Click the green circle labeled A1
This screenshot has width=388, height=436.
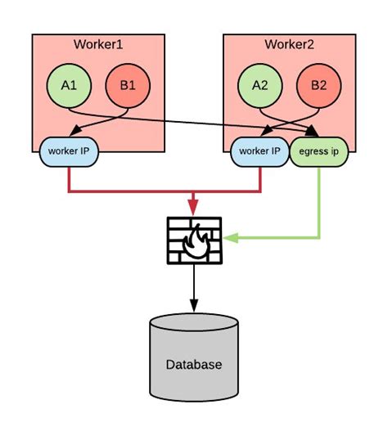pos(69,84)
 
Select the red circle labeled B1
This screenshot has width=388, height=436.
pos(129,84)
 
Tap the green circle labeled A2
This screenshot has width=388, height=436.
pos(259,84)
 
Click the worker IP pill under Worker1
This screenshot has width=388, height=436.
pos(69,151)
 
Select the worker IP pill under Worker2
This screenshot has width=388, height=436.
pos(259,151)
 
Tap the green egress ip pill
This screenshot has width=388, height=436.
pos(318,151)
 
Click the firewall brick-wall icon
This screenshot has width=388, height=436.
pos(194,240)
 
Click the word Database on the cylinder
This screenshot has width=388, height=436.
pos(194,365)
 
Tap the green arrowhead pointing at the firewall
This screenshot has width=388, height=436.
pos(232,238)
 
